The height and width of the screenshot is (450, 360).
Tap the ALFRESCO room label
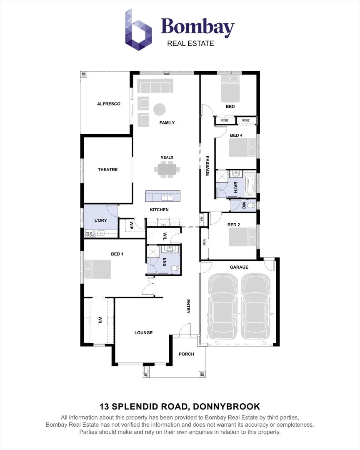[x=108, y=104]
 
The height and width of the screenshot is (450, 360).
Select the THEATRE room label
[x=107, y=170]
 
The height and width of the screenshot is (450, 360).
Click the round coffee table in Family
[x=160, y=110]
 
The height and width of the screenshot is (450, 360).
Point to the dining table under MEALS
[x=167, y=170]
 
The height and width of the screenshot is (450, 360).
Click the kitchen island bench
[x=163, y=196]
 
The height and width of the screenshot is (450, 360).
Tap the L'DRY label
[x=100, y=220]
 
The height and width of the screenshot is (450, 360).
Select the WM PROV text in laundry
[x=90, y=234]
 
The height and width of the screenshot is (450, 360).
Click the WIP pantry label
[x=131, y=225]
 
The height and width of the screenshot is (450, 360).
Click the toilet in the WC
[x=251, y=205]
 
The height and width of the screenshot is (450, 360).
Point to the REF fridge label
[x=202, y=218]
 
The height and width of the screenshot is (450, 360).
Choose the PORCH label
[x=186, y=354]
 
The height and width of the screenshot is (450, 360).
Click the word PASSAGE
[x=207, y=166]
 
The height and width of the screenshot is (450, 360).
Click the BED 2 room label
[x=234, y=225]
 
